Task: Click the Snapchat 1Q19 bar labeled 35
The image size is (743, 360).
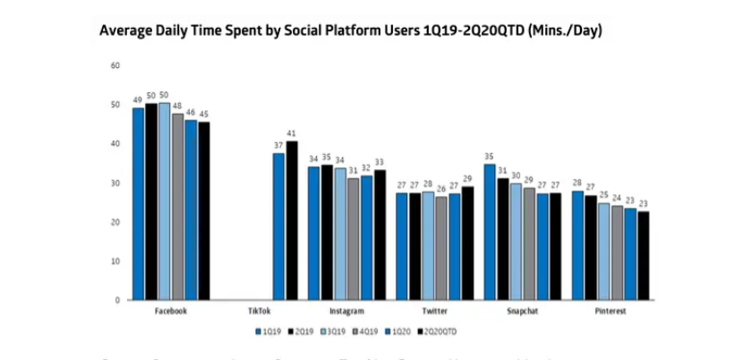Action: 489,232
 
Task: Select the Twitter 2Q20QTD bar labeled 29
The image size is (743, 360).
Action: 467,243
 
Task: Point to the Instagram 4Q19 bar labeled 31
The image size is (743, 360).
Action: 354,238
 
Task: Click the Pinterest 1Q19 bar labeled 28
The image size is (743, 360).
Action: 576,245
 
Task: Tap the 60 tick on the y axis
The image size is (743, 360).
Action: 115,65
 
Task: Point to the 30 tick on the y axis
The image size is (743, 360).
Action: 115,183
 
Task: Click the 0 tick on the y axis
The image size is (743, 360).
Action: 117,300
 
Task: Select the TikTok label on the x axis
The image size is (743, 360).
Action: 259,311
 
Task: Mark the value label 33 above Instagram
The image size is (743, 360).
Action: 380,162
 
